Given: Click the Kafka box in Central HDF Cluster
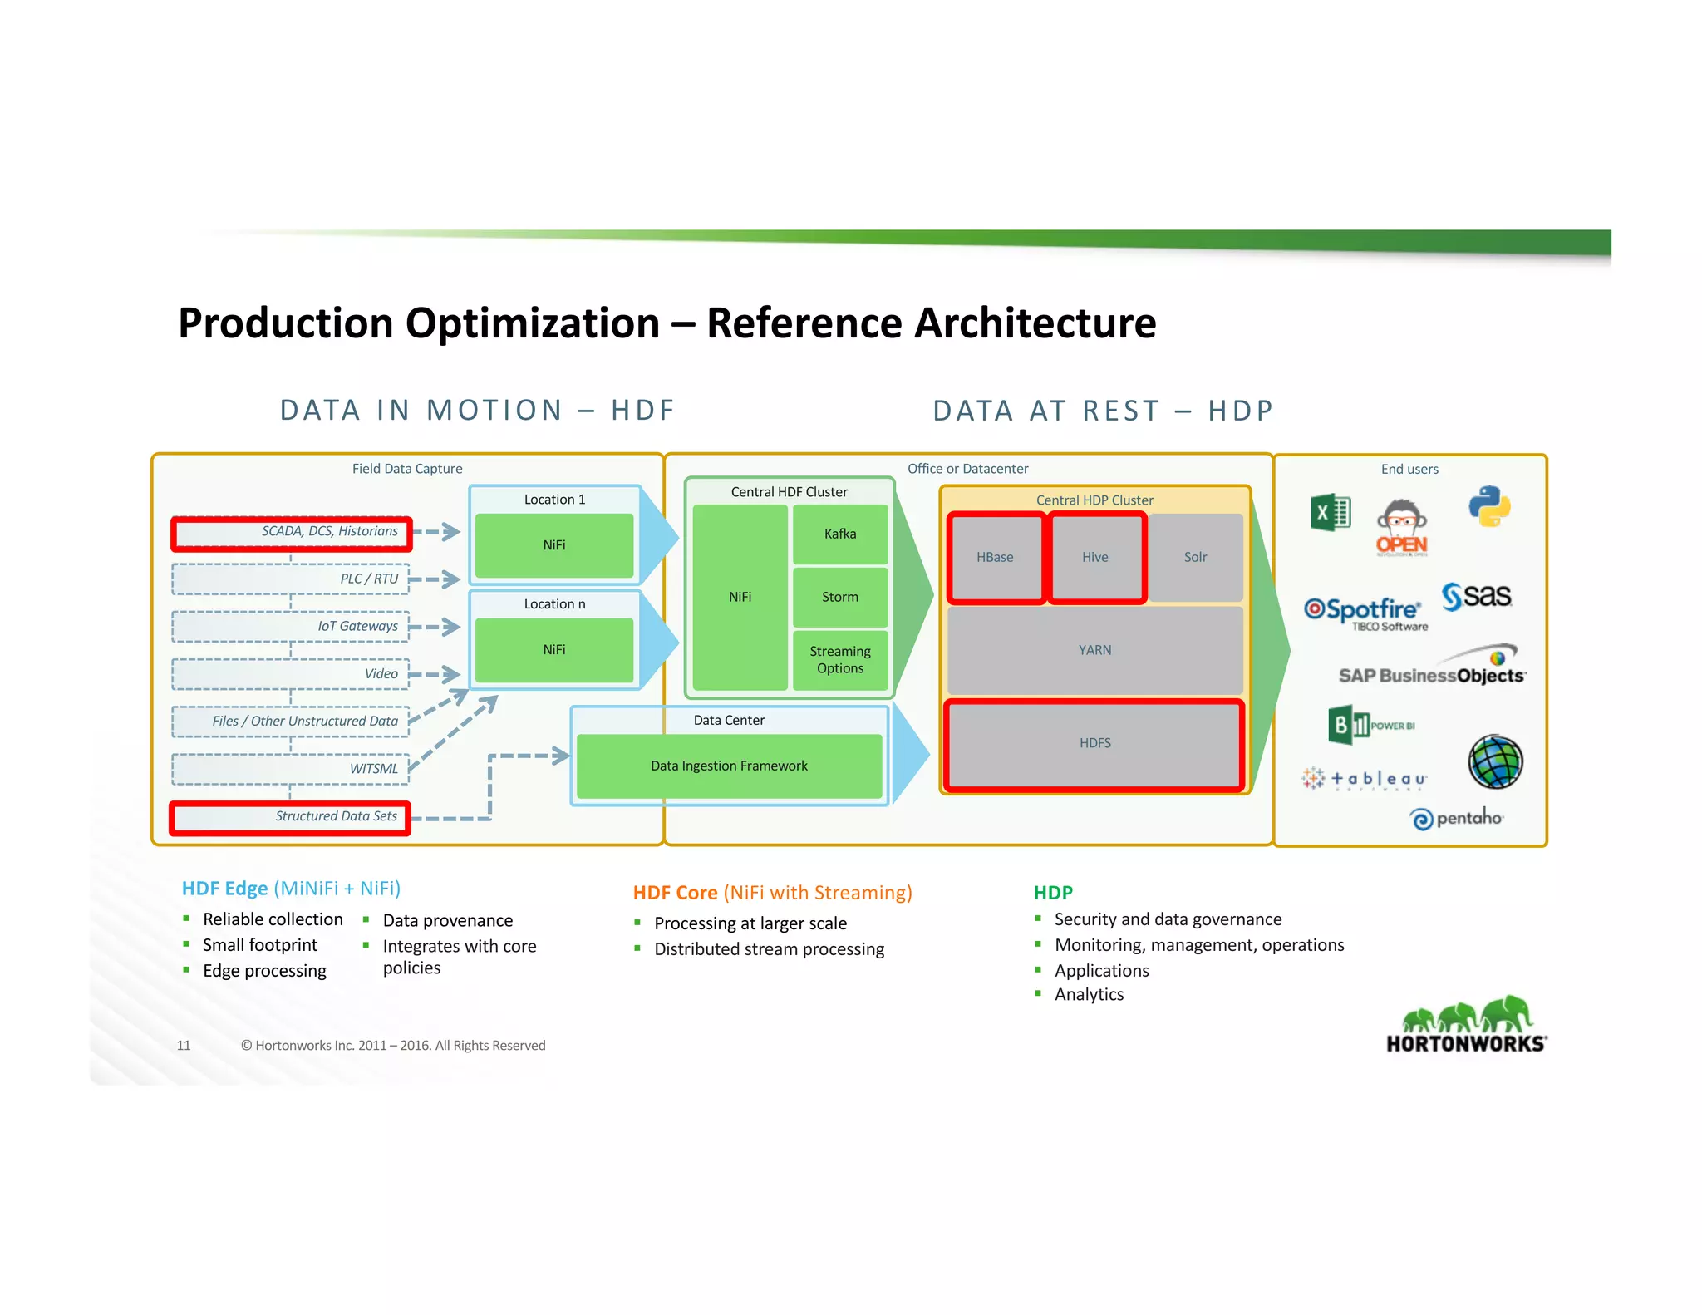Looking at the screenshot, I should pyautogui.click(x=839, y=534).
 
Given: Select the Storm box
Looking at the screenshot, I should pyautogui.click(x=839, y=597).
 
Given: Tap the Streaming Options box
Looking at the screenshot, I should pyautogui.click(x=839, y=660).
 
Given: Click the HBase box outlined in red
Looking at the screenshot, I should pyautogui.click(x=995, y=557).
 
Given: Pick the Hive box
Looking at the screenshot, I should pyautogui.click(x=1095, y=557).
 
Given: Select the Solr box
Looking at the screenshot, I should pyautogui.click(x=1195, y=557).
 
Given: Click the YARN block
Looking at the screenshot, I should pyautogui.click(x=1094, y=650).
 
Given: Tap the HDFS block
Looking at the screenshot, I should pyautogui.click(x=1094, y=743).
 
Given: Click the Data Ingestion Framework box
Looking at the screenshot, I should pyautogui.click(x=729, y=766).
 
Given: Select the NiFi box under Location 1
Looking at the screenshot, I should pyautogui.click(x=554, y=545).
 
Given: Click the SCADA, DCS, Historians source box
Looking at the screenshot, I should pyautogui.click(x=291, y=532).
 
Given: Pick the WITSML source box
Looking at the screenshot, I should pyautogui.click(x=291, y=769).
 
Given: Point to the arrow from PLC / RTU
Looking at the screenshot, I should pyautogui.click(x=435, y=579).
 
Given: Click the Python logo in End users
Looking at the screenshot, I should pyautogui.click(x=1488, y=506).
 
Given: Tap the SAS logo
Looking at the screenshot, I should pyautogui.click(x=1477, y=596).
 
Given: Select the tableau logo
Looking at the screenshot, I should pyautogui.click(x=1365, y=779).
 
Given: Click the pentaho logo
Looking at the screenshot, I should pyautogui.click(x=1457, y=819).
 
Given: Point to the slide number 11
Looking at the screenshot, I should pyautogui.click(x=184, y=1046).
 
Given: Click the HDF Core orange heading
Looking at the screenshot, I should pyautogui.click(x=772, y=893).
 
